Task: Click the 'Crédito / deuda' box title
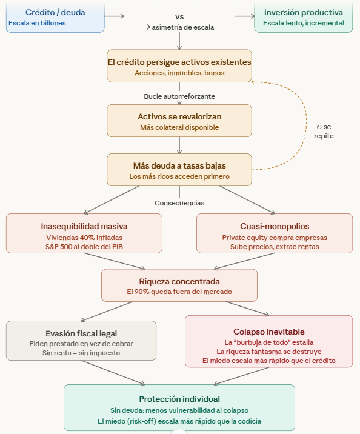(55, 12)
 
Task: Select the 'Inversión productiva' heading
(304, 12)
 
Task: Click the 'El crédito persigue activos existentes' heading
(179, 62)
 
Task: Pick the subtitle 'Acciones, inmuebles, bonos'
(179, 73)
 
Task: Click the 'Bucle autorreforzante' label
(179, 96)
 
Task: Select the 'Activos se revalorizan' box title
(179, 116)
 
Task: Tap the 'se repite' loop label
(324, 131)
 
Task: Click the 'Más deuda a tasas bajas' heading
(179, 165)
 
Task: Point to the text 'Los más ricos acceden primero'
(179, 176)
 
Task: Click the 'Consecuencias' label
(179, 203)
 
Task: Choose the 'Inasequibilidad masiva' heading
(84, 226)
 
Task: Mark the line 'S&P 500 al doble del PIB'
(84, 247)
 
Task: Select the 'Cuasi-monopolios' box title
(275, 226)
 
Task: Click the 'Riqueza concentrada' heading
(179, 281)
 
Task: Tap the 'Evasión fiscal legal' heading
(81, 333)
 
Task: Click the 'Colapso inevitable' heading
(269, 332)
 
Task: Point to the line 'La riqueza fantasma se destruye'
(269, 352)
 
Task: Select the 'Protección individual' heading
(179, 399)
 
